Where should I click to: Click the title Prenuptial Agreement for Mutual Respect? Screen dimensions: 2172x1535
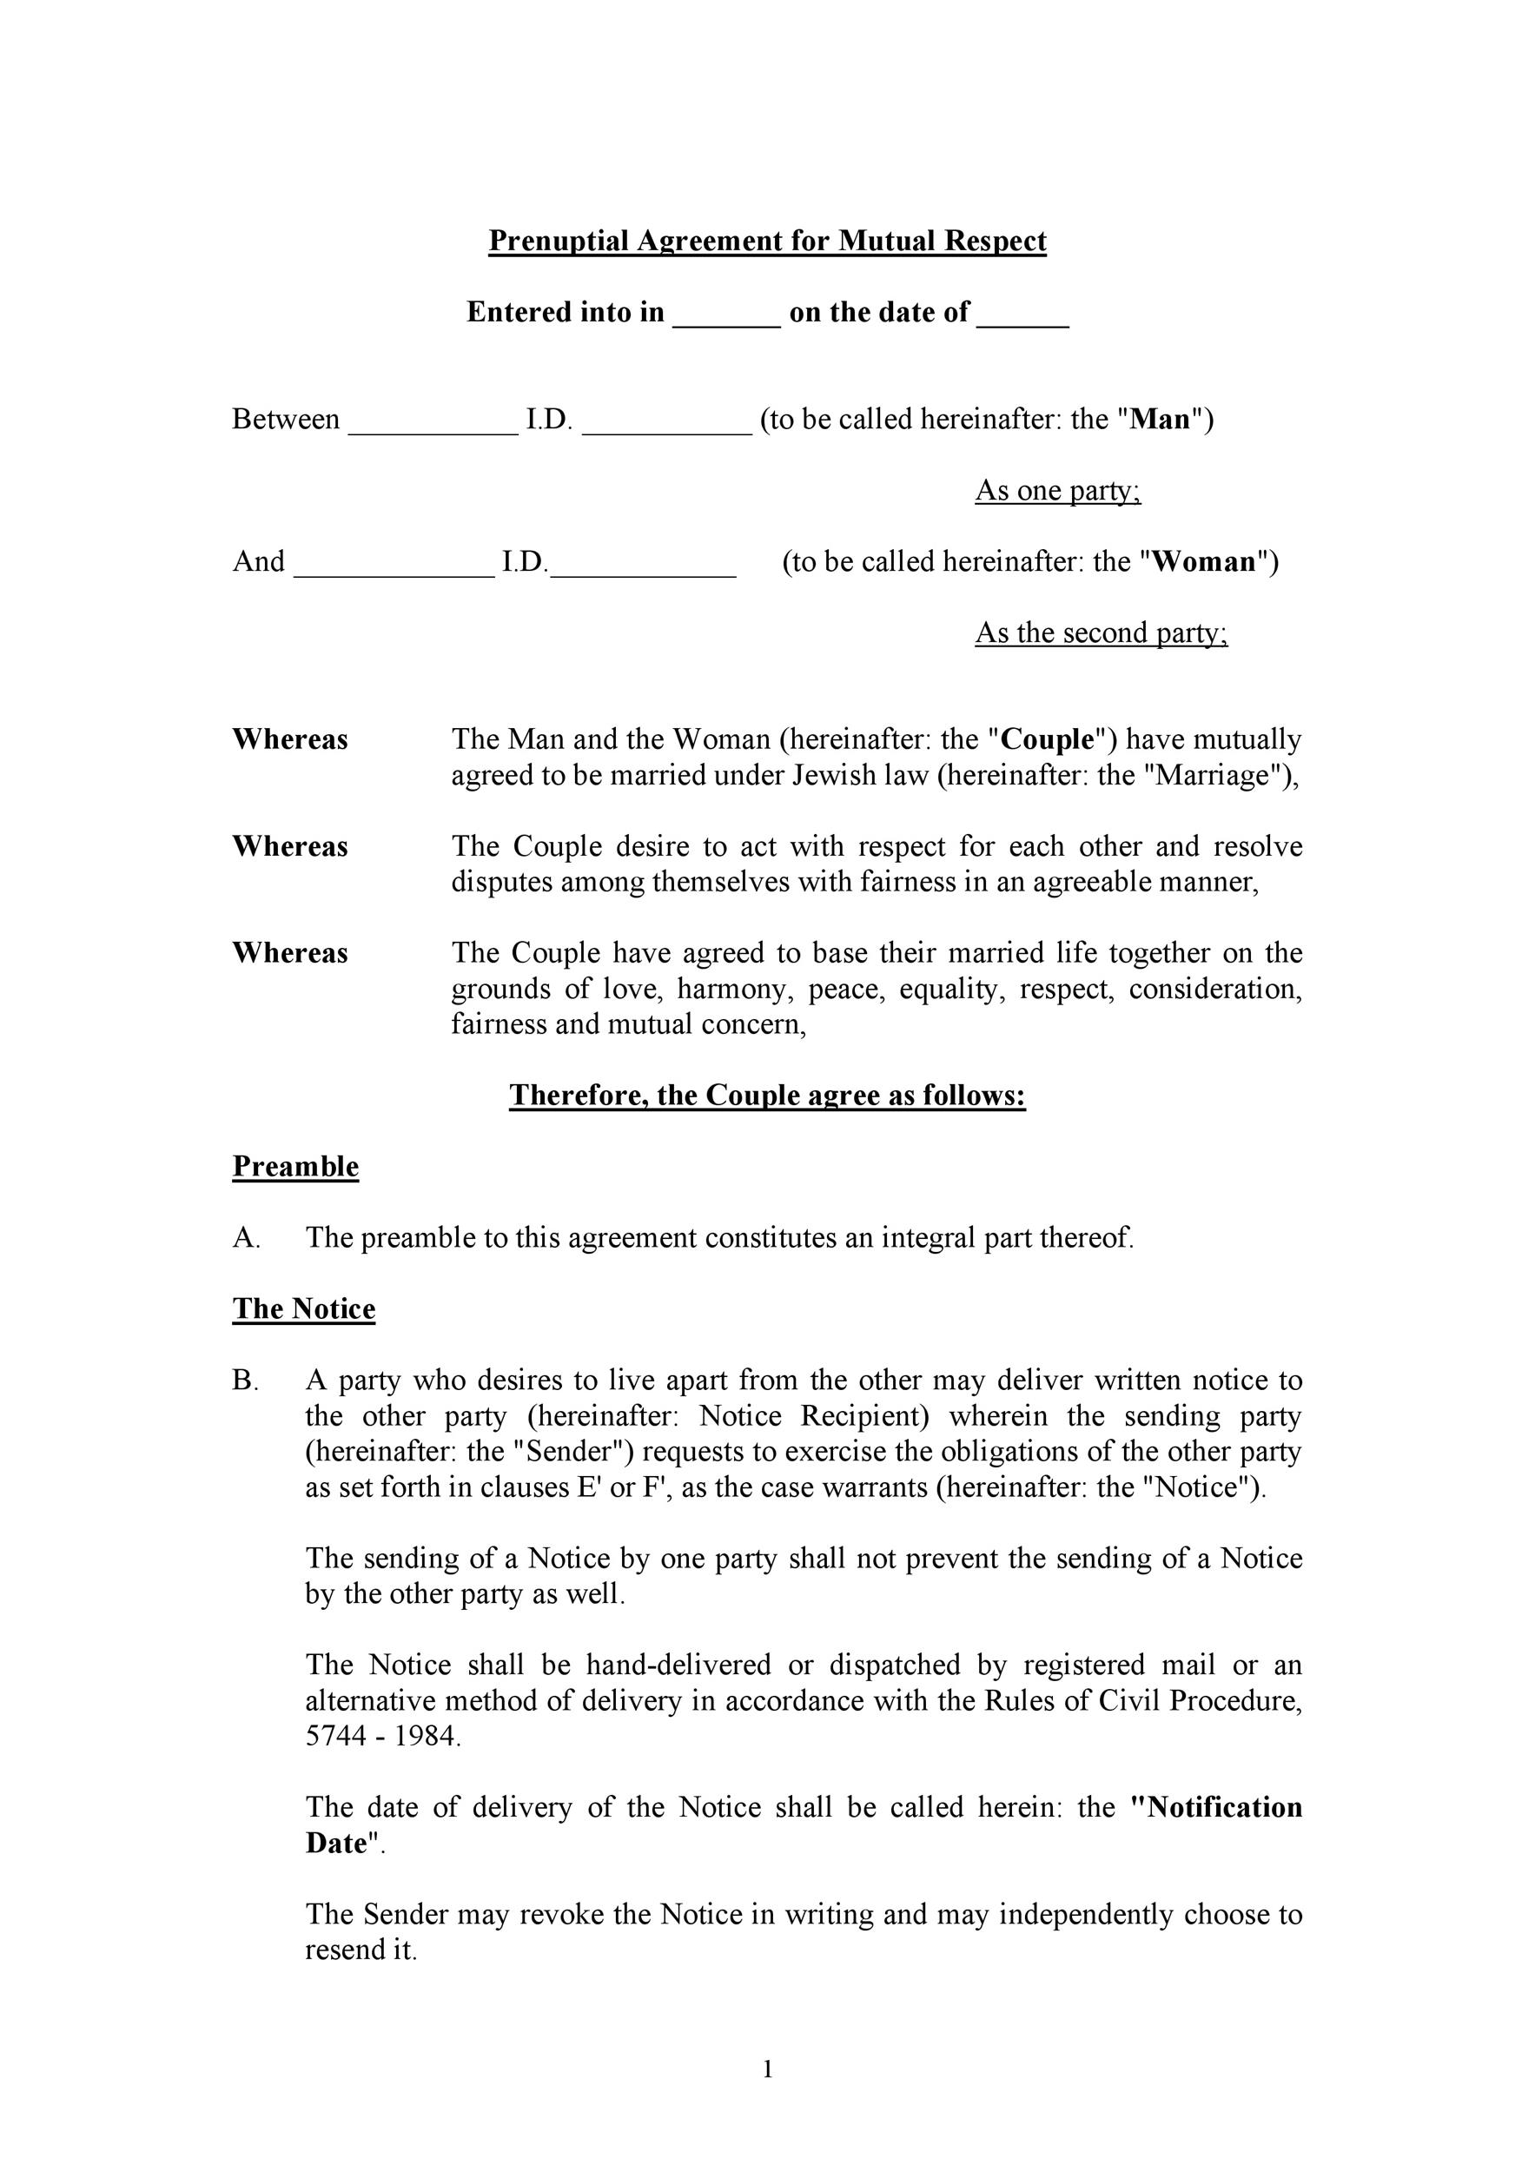click(767, 242)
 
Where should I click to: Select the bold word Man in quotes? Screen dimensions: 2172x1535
click(1161, 419)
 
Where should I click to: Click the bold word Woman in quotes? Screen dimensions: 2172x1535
click(1204, 562)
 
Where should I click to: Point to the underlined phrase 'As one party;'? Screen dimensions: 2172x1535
click(1057, 491)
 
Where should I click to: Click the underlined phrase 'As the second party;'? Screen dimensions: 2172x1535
click(1101, 632)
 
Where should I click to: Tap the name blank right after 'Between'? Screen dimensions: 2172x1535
click(433, 424)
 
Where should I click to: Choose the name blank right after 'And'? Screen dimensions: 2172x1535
click(394, 566)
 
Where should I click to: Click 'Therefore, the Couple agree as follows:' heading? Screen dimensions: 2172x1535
click(767, 1096)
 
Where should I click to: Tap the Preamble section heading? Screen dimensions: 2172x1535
click(295, 1167)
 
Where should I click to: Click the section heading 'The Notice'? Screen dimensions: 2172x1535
click(303, 1309)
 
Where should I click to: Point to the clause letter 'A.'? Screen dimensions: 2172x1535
click(246, 1238)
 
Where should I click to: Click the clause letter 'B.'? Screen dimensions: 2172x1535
click(245, 1381)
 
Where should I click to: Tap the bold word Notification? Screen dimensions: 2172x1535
click(1216, 1808)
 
